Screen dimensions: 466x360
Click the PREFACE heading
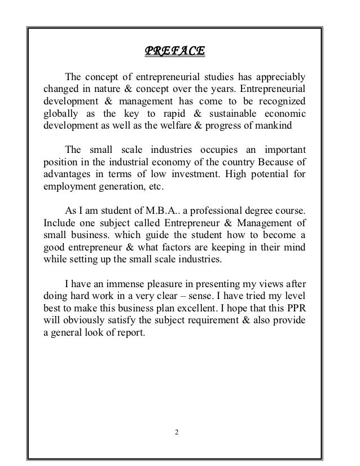(175, 52)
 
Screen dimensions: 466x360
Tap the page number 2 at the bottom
(177, 432)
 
